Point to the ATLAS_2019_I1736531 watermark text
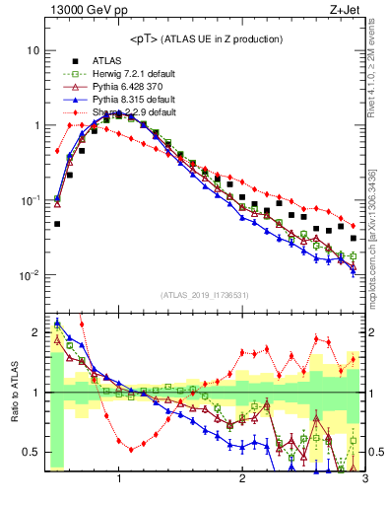tap(204, 295)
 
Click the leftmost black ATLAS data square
tap(57, 224)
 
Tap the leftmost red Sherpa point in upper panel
tap(57, 151)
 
